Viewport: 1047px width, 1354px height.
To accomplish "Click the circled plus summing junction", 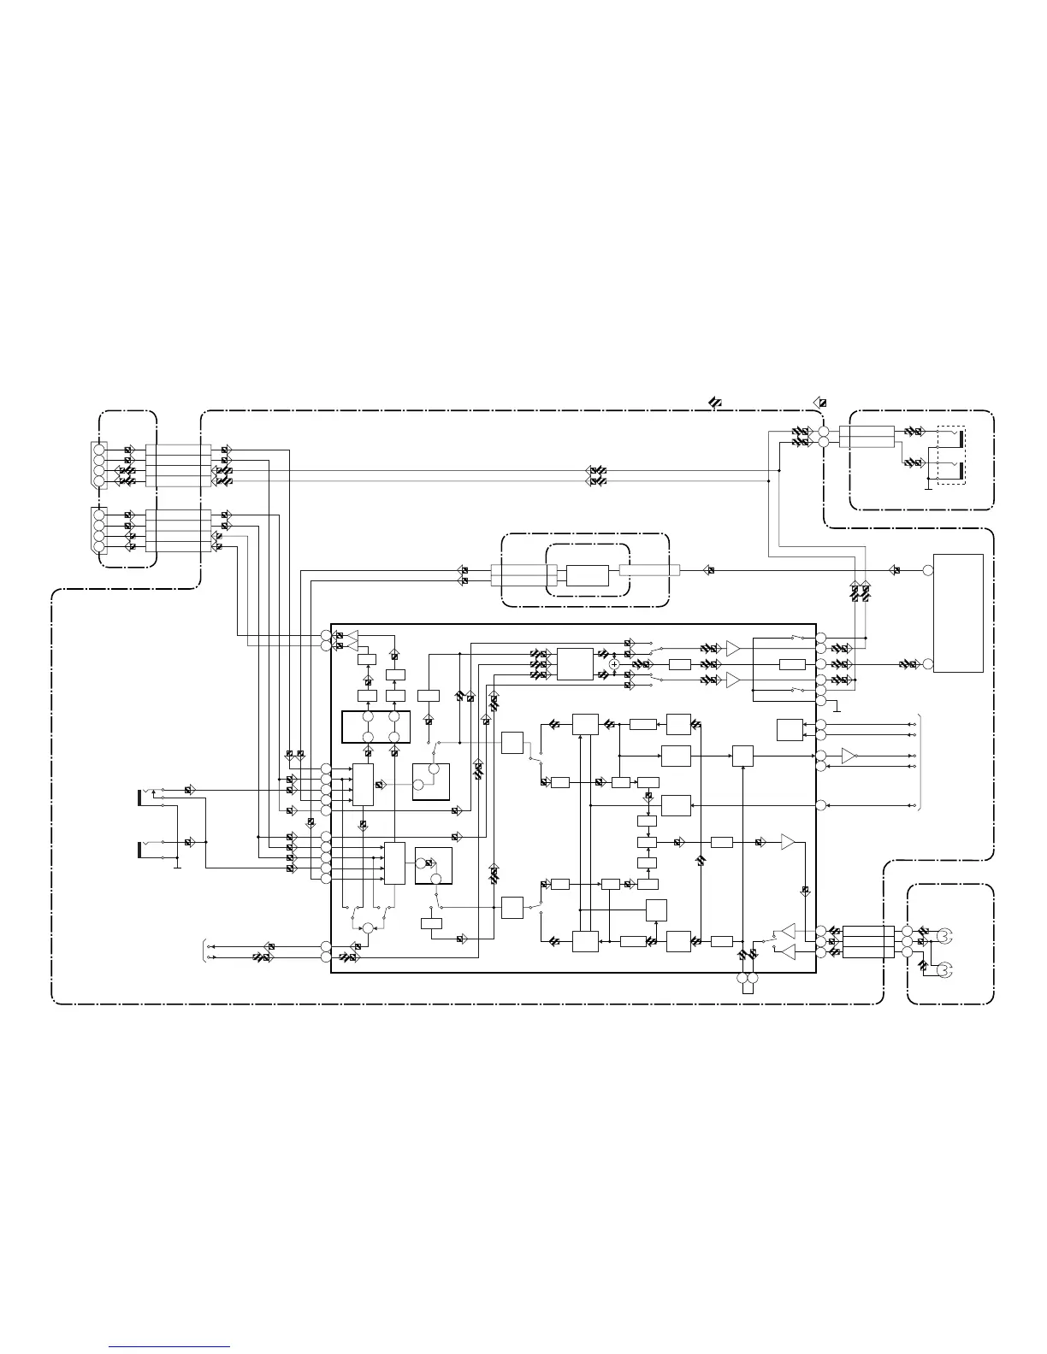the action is (x=613, y=664).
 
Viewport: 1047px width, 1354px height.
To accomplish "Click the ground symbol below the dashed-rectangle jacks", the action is (x=929, y=489).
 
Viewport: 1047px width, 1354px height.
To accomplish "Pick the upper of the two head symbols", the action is (x=944, y=935).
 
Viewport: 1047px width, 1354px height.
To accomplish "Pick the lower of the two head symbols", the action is (x=944, y=969).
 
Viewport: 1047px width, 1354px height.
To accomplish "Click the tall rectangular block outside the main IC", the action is (x=958, y=613).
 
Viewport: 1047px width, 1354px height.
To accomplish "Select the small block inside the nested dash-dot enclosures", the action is (x=588, y=574).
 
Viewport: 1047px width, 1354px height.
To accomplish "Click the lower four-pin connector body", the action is (x=98, y=530).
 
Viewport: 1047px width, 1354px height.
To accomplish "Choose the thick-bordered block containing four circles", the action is (x=376, y=727).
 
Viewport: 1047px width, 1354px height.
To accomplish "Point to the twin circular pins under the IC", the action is (x=748, y=979).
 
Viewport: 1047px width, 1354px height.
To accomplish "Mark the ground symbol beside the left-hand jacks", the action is (x=177, y=867).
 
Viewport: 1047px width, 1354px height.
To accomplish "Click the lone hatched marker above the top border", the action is (x=714, y=402).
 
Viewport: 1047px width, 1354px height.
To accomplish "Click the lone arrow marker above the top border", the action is (x=819, y=403).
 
